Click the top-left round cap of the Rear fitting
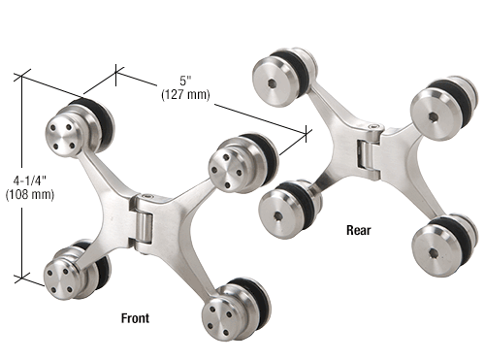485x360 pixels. click(275, 74)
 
